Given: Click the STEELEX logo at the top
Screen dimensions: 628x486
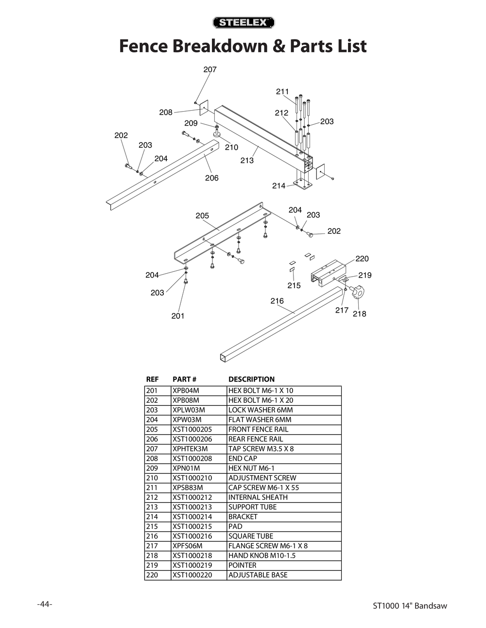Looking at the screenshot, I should [243, 22].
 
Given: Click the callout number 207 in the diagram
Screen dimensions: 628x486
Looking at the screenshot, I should [210, 69].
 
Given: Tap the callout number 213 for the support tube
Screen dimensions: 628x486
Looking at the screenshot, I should [247, 160].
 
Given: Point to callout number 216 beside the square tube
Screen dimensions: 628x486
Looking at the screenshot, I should [277, 301].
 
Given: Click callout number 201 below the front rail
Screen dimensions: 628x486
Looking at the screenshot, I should [178, 316].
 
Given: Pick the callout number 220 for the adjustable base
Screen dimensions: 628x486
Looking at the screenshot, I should [362, 259].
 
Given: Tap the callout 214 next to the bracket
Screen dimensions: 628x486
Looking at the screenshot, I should [278, 186].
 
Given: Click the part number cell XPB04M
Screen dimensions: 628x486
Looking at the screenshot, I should [186, 391].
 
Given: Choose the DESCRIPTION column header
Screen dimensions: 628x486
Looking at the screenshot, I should [251, 379].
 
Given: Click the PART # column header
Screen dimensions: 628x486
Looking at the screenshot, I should [184, 379].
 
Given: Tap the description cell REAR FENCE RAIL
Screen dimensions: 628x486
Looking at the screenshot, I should [255, 439].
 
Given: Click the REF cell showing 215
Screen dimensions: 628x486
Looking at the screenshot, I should [152, 526].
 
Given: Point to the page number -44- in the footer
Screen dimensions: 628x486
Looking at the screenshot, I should [45, 604].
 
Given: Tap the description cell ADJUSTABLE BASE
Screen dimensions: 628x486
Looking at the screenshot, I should [258, 575].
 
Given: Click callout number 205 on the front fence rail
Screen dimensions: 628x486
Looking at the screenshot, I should [202, 215].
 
